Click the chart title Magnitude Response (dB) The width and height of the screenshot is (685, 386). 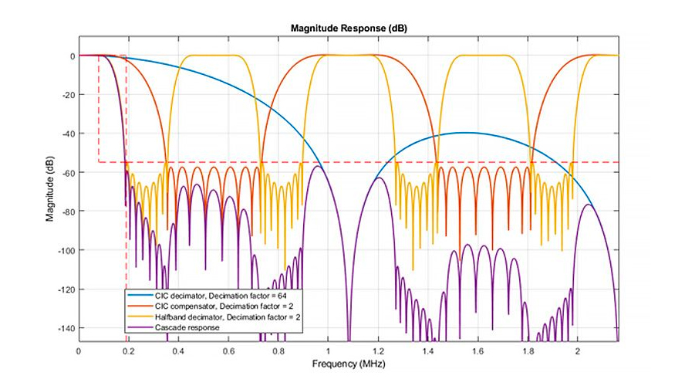(349, 29)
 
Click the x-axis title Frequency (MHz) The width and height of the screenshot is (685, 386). (349, 363)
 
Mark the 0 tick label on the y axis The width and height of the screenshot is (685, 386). (71, 56)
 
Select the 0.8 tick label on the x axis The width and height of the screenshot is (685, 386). (278, 351)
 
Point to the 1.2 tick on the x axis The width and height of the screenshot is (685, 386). (379, 351)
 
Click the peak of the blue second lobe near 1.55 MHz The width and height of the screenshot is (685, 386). (466, 133)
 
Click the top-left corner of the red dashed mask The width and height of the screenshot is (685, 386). (99, 56)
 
